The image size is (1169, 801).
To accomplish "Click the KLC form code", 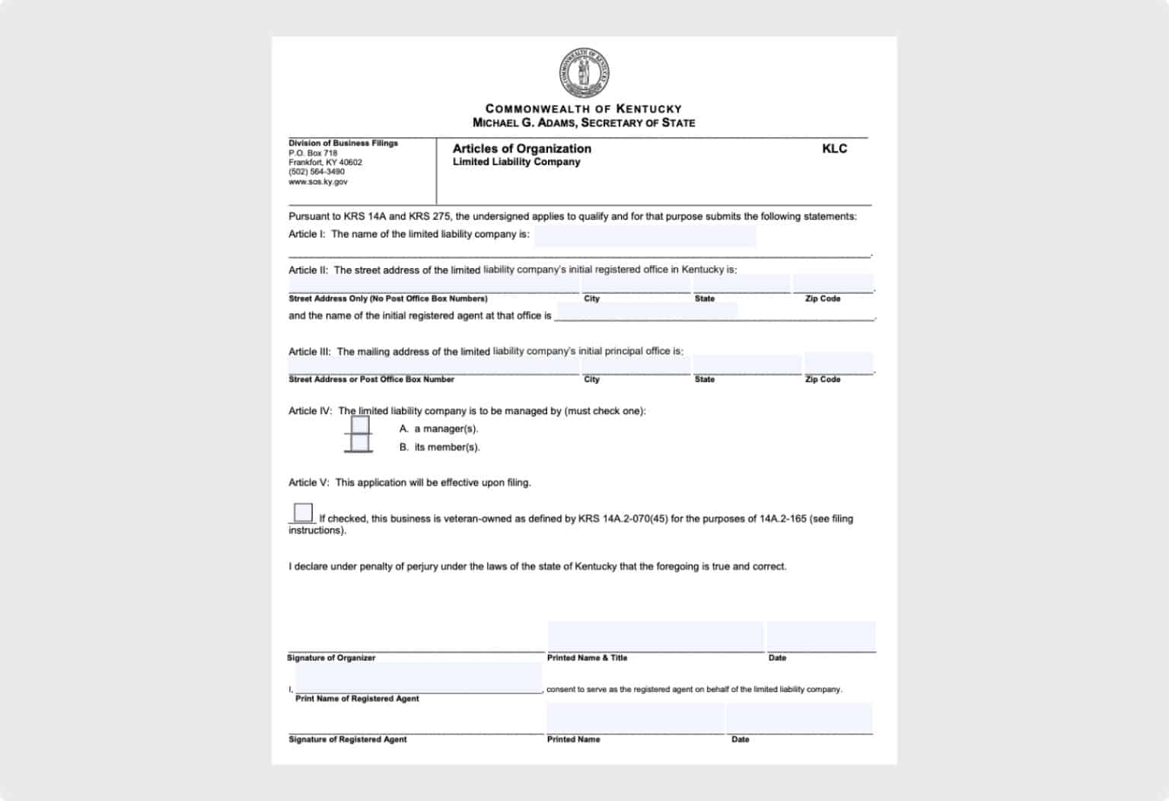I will [x=834, y=148].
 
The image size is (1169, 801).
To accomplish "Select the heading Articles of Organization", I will [x=521, y=148].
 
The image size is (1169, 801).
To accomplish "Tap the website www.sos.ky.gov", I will [x=318, y=182].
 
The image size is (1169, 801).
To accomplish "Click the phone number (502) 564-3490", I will [x=317, y=172].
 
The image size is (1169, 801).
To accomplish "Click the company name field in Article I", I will [x=645, y=235].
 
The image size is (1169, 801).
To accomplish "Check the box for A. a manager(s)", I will [x=359, y=425].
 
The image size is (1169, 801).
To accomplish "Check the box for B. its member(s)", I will [x=359, y=443].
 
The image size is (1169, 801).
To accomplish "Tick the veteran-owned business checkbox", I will [x=303, y=512].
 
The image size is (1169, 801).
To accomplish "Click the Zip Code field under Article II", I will [x=833, y=283].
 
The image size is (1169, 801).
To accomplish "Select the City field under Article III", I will [x=635, y=365].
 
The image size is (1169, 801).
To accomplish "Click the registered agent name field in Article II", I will [x=647, y=311].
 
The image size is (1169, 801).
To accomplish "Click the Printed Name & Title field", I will [x=655, y=637].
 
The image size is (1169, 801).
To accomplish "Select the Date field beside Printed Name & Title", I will [x=820, y=637].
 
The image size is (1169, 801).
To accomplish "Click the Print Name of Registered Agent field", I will [x=419, y=677].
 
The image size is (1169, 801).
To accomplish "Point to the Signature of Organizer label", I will [x=331, y=658].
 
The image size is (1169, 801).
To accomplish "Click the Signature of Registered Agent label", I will [x=347, y=739].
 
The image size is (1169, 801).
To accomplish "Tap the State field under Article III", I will [x=747, y=365].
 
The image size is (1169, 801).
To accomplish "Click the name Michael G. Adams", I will [x=524, y=123].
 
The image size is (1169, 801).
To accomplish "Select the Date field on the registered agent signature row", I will [x=799, y=718].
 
